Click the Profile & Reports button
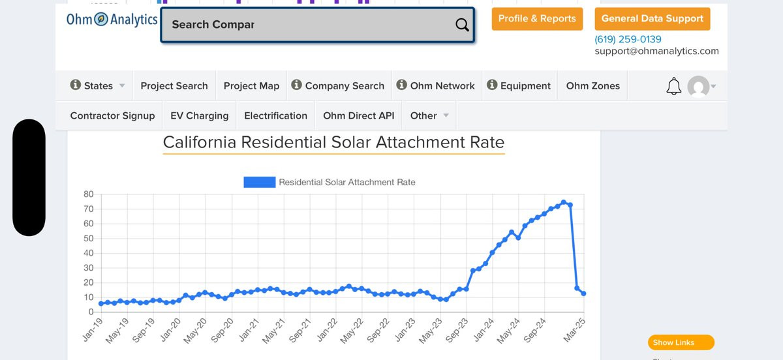tap(537, 19)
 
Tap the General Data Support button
tap(652, 19)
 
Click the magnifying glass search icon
tap(462, 25)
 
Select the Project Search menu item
tap(174, 86)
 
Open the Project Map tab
tap(251, 86)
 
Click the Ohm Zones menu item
tap(592, 86)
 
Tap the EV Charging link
tap(199, 116)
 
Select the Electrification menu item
tap(275, 116)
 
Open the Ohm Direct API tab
tap(358, 116)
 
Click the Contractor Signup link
tap(112, 116)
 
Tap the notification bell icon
tap(673, 86)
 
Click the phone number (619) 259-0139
tap(628, 39)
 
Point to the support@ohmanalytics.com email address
tap(656, 51)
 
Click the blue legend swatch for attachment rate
tap(259, 183)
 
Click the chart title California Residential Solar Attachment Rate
tap(333, 142)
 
